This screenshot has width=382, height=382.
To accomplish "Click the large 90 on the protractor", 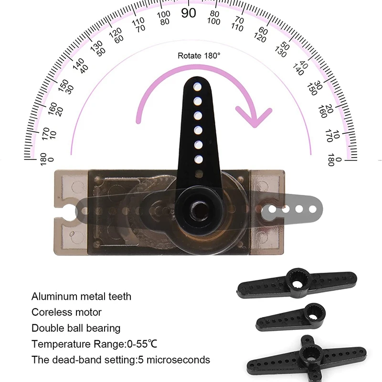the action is coord(189,13).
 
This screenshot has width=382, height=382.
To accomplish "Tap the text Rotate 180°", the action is coord(199,56).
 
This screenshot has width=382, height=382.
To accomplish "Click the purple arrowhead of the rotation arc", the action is coord(254,117).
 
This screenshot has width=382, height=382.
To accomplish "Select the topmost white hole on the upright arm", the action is coord(197,87).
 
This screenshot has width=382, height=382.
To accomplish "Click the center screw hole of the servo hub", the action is coord(200,211).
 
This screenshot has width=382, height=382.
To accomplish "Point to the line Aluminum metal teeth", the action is coord(81,297).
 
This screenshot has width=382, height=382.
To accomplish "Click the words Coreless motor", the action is coord(66,312).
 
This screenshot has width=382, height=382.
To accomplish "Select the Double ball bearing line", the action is coord(76,329).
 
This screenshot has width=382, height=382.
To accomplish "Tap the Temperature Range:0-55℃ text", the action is coord(94,344).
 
